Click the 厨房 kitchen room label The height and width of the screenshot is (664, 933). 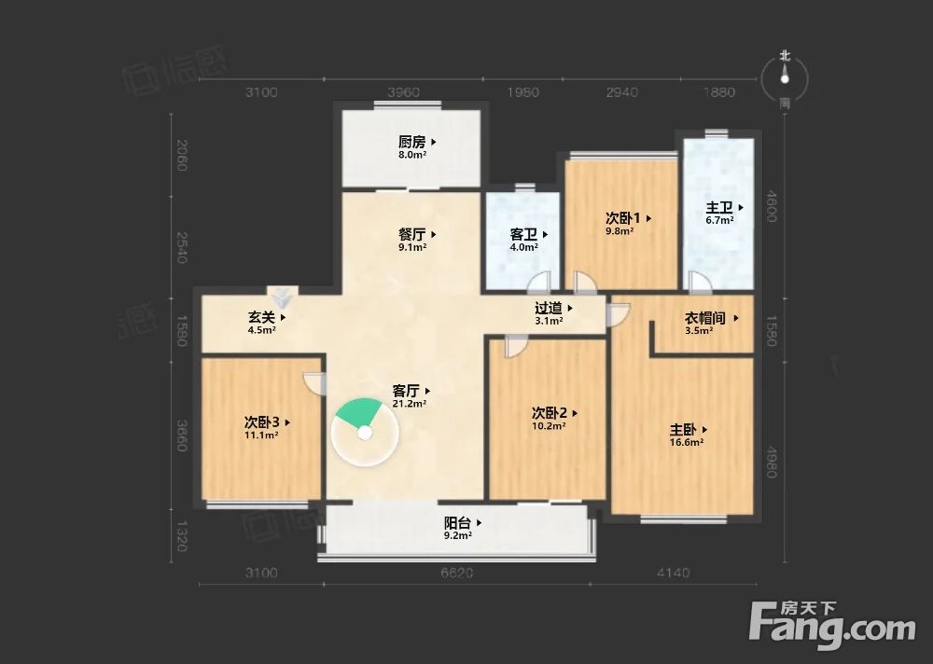pos(411,143)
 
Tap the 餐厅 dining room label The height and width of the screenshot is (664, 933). pos(411,235)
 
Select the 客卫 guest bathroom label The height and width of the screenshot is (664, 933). pos(523,235)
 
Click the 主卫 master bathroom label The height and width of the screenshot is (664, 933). pos(719,208)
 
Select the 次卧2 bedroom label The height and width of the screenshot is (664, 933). pos(550,413)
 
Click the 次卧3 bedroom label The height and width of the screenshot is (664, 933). pos(262,422)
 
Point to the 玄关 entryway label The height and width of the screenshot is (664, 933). pos(261,317)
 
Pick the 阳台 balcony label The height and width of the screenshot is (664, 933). pos(457,523)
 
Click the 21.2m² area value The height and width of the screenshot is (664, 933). pos(410,404)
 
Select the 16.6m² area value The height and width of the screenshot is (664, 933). pos(687,443)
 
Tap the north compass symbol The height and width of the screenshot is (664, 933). pos(785,78)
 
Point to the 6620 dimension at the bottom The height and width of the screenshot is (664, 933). pos(457,573)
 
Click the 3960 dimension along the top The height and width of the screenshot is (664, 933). pos(404,92)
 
